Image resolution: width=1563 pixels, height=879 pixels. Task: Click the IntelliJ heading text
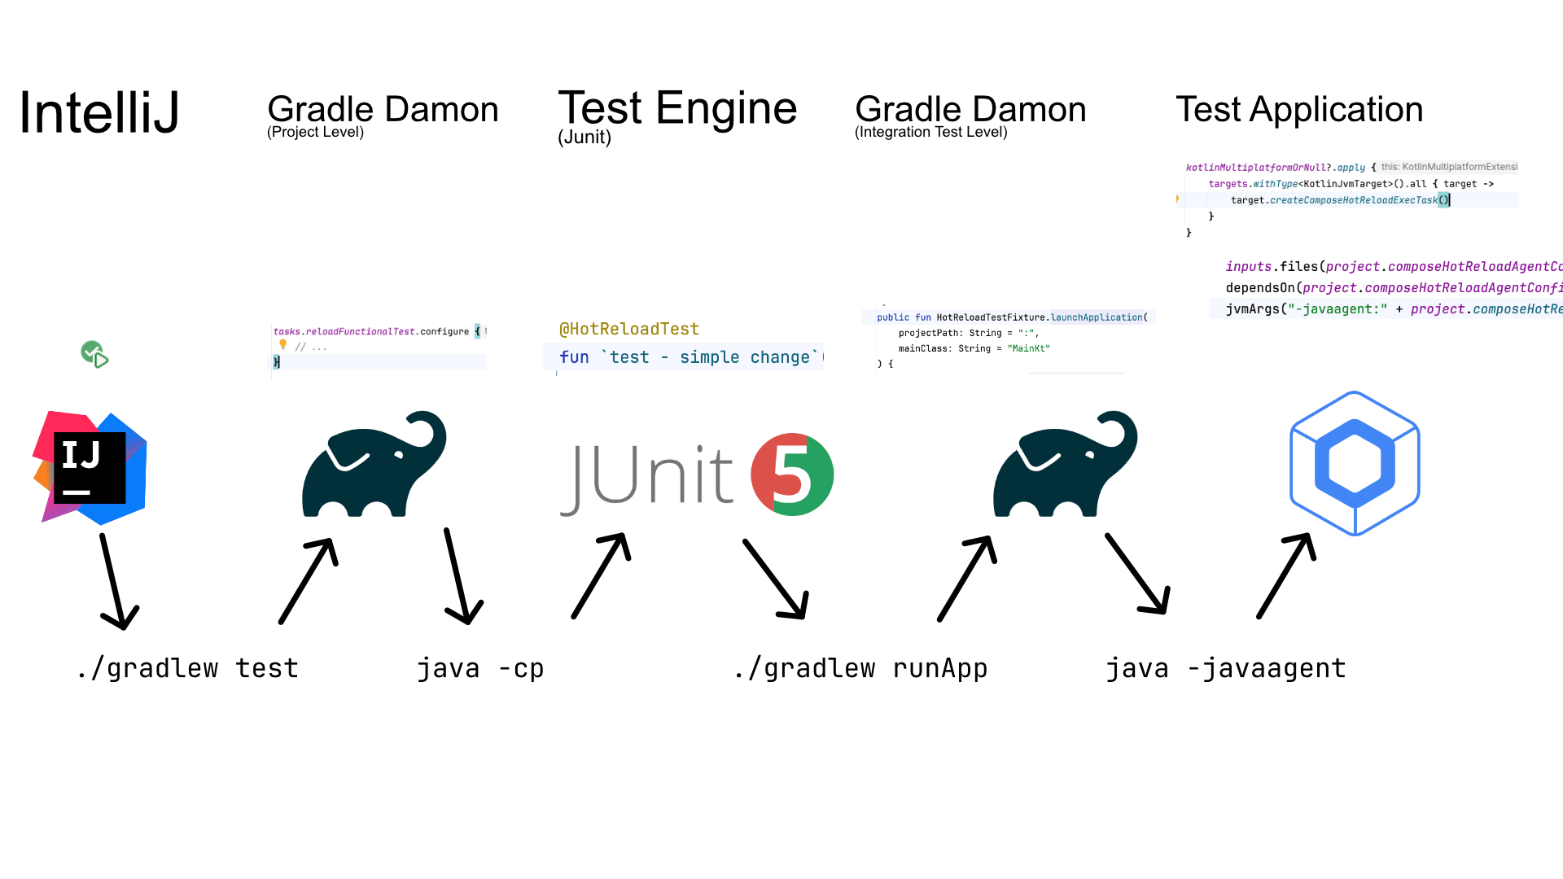click(x=99, y=112)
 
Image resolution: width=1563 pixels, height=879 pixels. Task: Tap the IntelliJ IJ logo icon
click(x=90, y=467)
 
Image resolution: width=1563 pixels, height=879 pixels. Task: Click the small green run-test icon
click(x=94, y=354)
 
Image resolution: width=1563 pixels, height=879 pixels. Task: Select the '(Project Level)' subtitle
click(x=315, y=133)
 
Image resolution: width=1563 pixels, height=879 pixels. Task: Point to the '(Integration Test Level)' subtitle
click(x=930, y=133)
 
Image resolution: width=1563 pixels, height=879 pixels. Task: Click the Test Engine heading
click(x=676, y=108)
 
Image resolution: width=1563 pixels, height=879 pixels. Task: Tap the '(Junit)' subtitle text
click(x=584, y=138)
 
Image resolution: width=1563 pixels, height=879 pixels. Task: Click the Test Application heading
click(x=1298, y=110)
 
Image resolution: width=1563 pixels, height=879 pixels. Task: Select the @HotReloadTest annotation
click(x=628, y=329)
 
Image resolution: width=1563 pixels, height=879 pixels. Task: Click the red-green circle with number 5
click(x=791, y=474)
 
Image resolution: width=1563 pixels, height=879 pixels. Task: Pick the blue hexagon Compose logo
click(x=1355, y=463)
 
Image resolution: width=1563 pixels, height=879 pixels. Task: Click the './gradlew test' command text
click(x=187, y=668)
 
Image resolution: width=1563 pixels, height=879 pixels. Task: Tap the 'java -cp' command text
click(x=479, y=668)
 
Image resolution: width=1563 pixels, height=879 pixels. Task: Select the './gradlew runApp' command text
click(x=860, y=668)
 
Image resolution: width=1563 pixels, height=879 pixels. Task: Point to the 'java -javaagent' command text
click(x=1225, y=668)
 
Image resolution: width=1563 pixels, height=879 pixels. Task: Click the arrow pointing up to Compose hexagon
click(x=1286, y=575)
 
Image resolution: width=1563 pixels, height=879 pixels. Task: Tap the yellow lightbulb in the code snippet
click(x=283, y=344)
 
